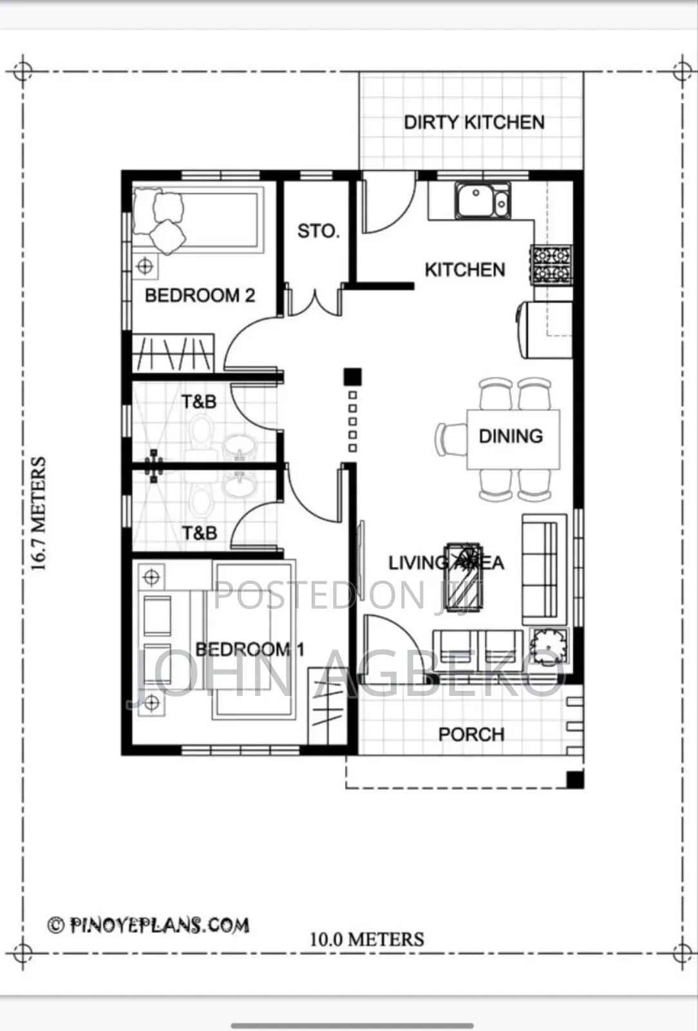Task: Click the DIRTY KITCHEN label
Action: [x=474, y=122]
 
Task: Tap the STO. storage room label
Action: [x=318, y=231]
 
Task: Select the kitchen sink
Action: [x=482, y=200]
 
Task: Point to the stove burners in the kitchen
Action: [x=552, y=265]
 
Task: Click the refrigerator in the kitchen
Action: [x=544, y=329]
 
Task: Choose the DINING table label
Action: [x=511, y=436]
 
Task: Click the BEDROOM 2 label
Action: [x=200, y=296]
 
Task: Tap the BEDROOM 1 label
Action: [x=250, y=650]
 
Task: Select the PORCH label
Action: [x=471, y=734]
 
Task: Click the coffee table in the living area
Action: [x=464, y=577]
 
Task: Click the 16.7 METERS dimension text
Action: [x=38, y=514]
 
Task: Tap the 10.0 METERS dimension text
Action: [x=367, y=939]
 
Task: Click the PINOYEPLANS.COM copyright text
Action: [x=149, y=925]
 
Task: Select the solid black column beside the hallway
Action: [x=352, y=377]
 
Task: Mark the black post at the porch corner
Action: [x=575, y=780]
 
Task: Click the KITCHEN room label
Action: [x=465, y=270]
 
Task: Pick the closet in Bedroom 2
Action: [x=173, y=353]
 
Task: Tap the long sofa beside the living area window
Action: [x=544, y=569]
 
